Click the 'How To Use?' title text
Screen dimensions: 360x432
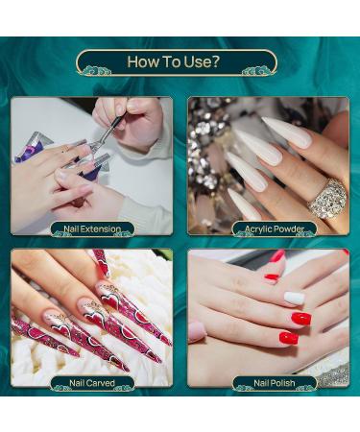[174, 61]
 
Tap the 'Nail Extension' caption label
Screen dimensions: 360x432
[92, 229]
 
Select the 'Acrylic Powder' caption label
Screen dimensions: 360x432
[275, 229]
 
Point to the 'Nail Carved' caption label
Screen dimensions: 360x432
[92, 383]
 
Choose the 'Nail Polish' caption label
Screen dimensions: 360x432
[275, 383]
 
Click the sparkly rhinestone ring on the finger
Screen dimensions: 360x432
[327, 199]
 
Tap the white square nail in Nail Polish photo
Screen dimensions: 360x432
[295, 299]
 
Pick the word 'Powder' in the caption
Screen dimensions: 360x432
[288, 229]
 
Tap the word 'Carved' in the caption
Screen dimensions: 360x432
[100, 383]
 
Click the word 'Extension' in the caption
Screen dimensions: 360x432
[101, 229]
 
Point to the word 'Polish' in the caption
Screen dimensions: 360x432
[283, 383]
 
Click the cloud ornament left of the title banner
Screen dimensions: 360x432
[95, 71]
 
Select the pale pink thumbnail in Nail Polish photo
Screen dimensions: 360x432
[196, 331]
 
